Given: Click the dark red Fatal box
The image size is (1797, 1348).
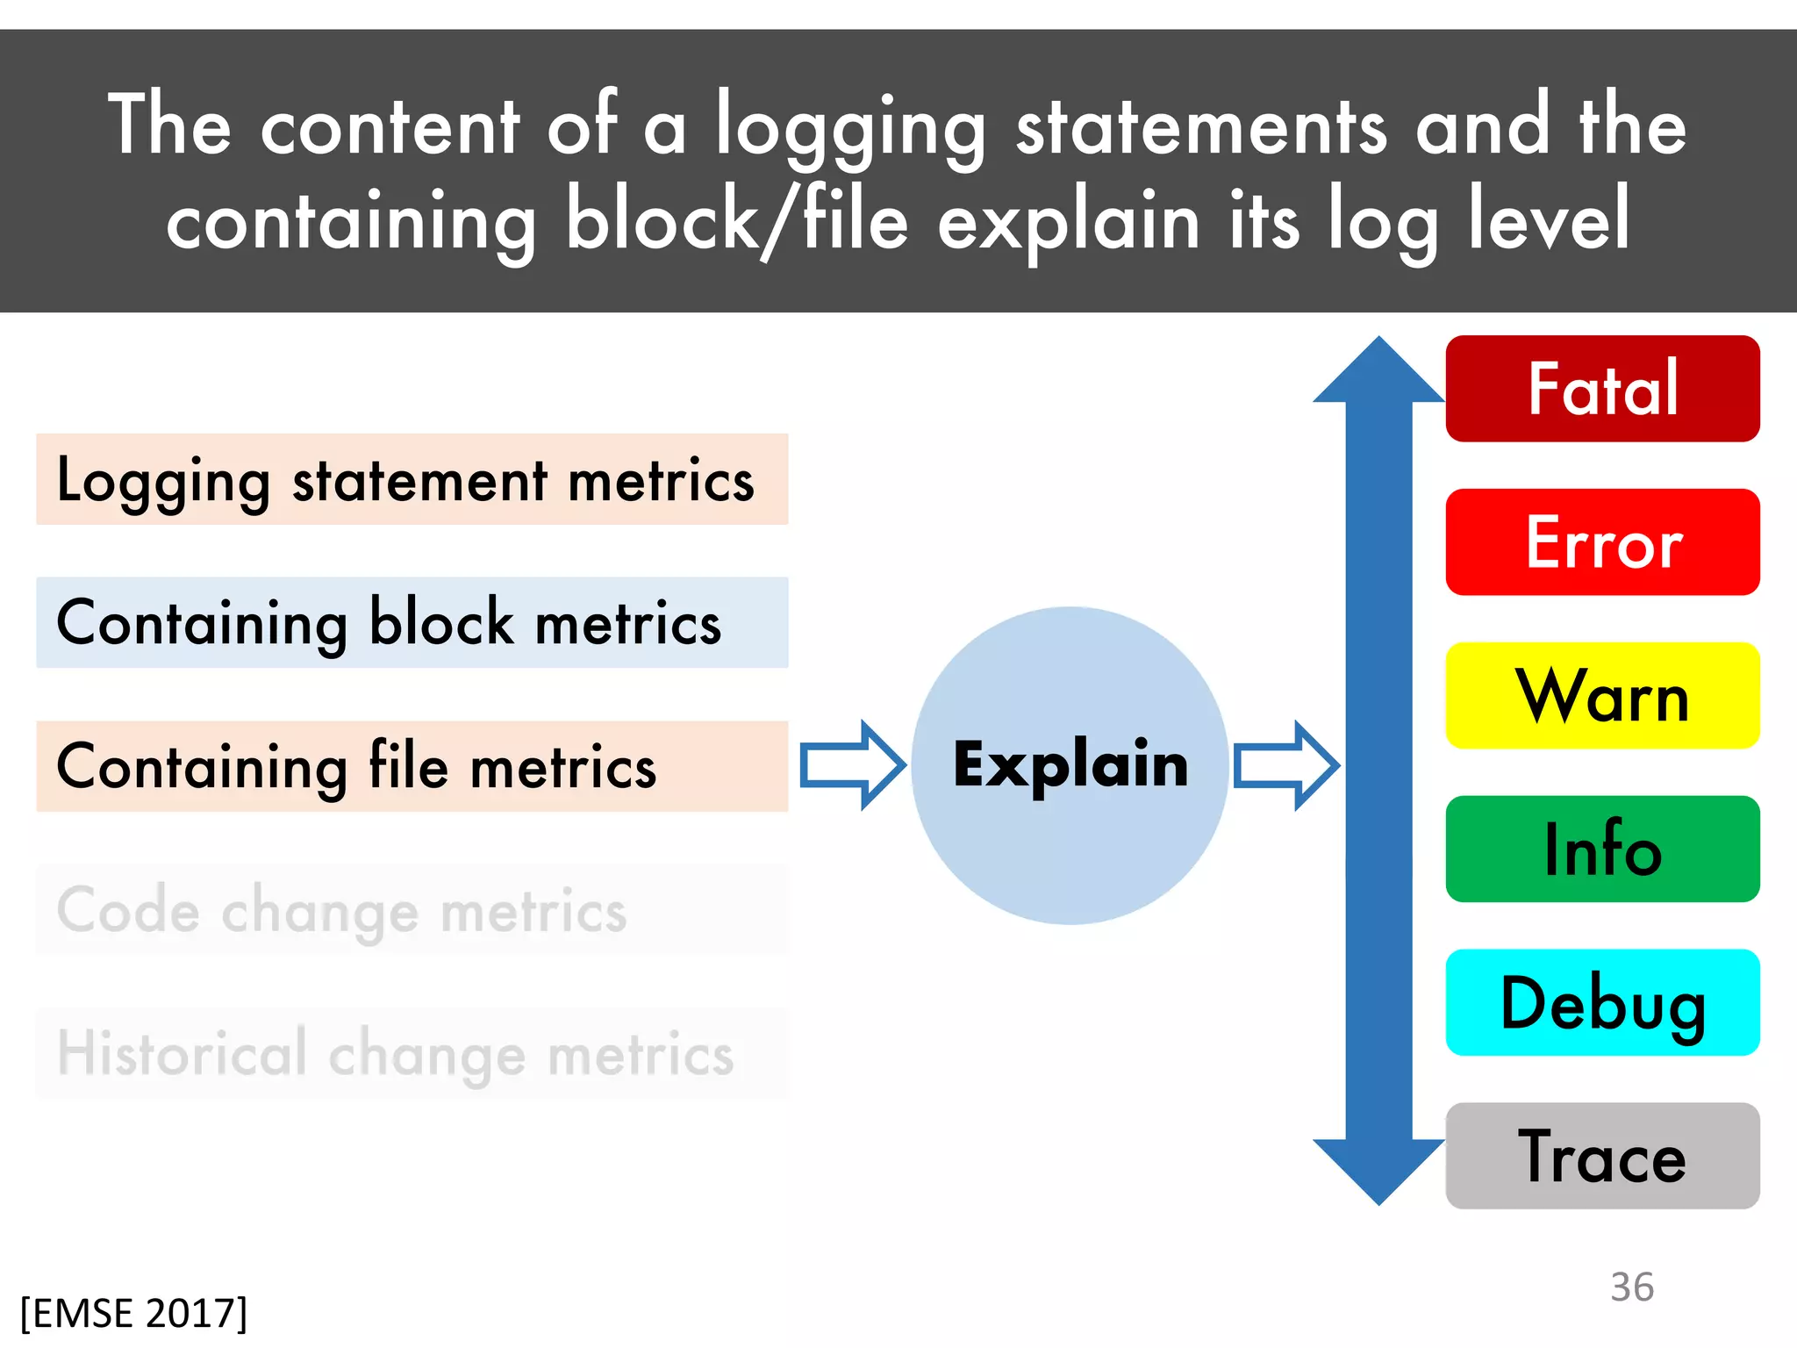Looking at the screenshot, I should coord(1602,389).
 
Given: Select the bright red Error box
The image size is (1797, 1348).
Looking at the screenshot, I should coord(1602,542).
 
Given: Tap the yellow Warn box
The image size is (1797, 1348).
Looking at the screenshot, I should coord(1602,696).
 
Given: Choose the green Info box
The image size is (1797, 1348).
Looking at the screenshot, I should coord(1602,850).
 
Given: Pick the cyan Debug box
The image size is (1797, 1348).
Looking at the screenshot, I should coord(1602,1002).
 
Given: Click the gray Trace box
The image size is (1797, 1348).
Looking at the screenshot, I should coord(1602,1156).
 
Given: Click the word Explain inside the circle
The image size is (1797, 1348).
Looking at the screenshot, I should coord(1070,765).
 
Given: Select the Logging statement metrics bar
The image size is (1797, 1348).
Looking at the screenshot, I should coord(412,479).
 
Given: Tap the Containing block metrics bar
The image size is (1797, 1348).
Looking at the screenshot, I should coord(412,623).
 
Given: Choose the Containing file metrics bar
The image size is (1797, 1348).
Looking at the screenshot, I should coord(412,766).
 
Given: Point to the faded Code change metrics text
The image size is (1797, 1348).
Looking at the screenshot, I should coord(342,910).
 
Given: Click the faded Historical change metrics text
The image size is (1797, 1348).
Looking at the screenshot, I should coord(395,1053).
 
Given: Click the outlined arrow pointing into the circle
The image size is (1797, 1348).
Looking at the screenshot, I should coord(852,765).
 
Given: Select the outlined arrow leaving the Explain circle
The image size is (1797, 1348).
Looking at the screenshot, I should coord(1285,765).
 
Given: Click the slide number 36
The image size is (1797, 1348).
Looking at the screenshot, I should coord(1631,1287).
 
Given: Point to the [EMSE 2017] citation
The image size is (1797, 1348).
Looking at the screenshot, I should coord(133,1314).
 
